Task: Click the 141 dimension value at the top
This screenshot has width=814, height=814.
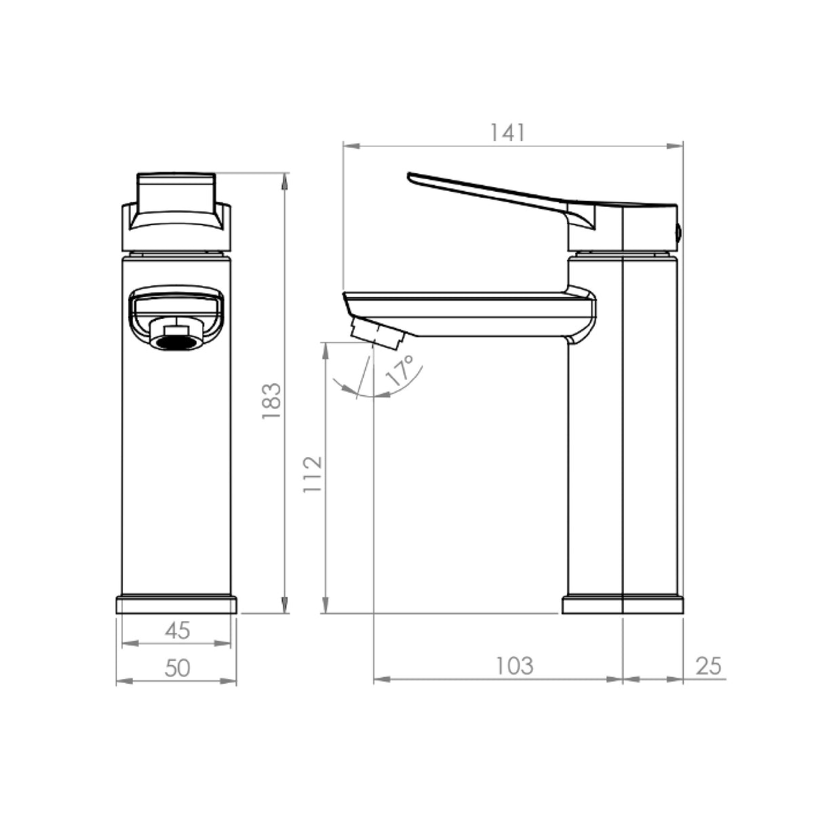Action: click(507, 133)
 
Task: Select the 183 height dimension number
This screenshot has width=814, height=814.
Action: click(271, 401)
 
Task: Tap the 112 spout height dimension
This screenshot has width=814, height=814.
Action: click(313, 474)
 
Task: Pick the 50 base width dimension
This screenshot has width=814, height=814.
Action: click(178, 668)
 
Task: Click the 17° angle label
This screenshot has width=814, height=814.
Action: click(400, 370)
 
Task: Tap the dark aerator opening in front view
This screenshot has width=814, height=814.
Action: click(176, 342)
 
